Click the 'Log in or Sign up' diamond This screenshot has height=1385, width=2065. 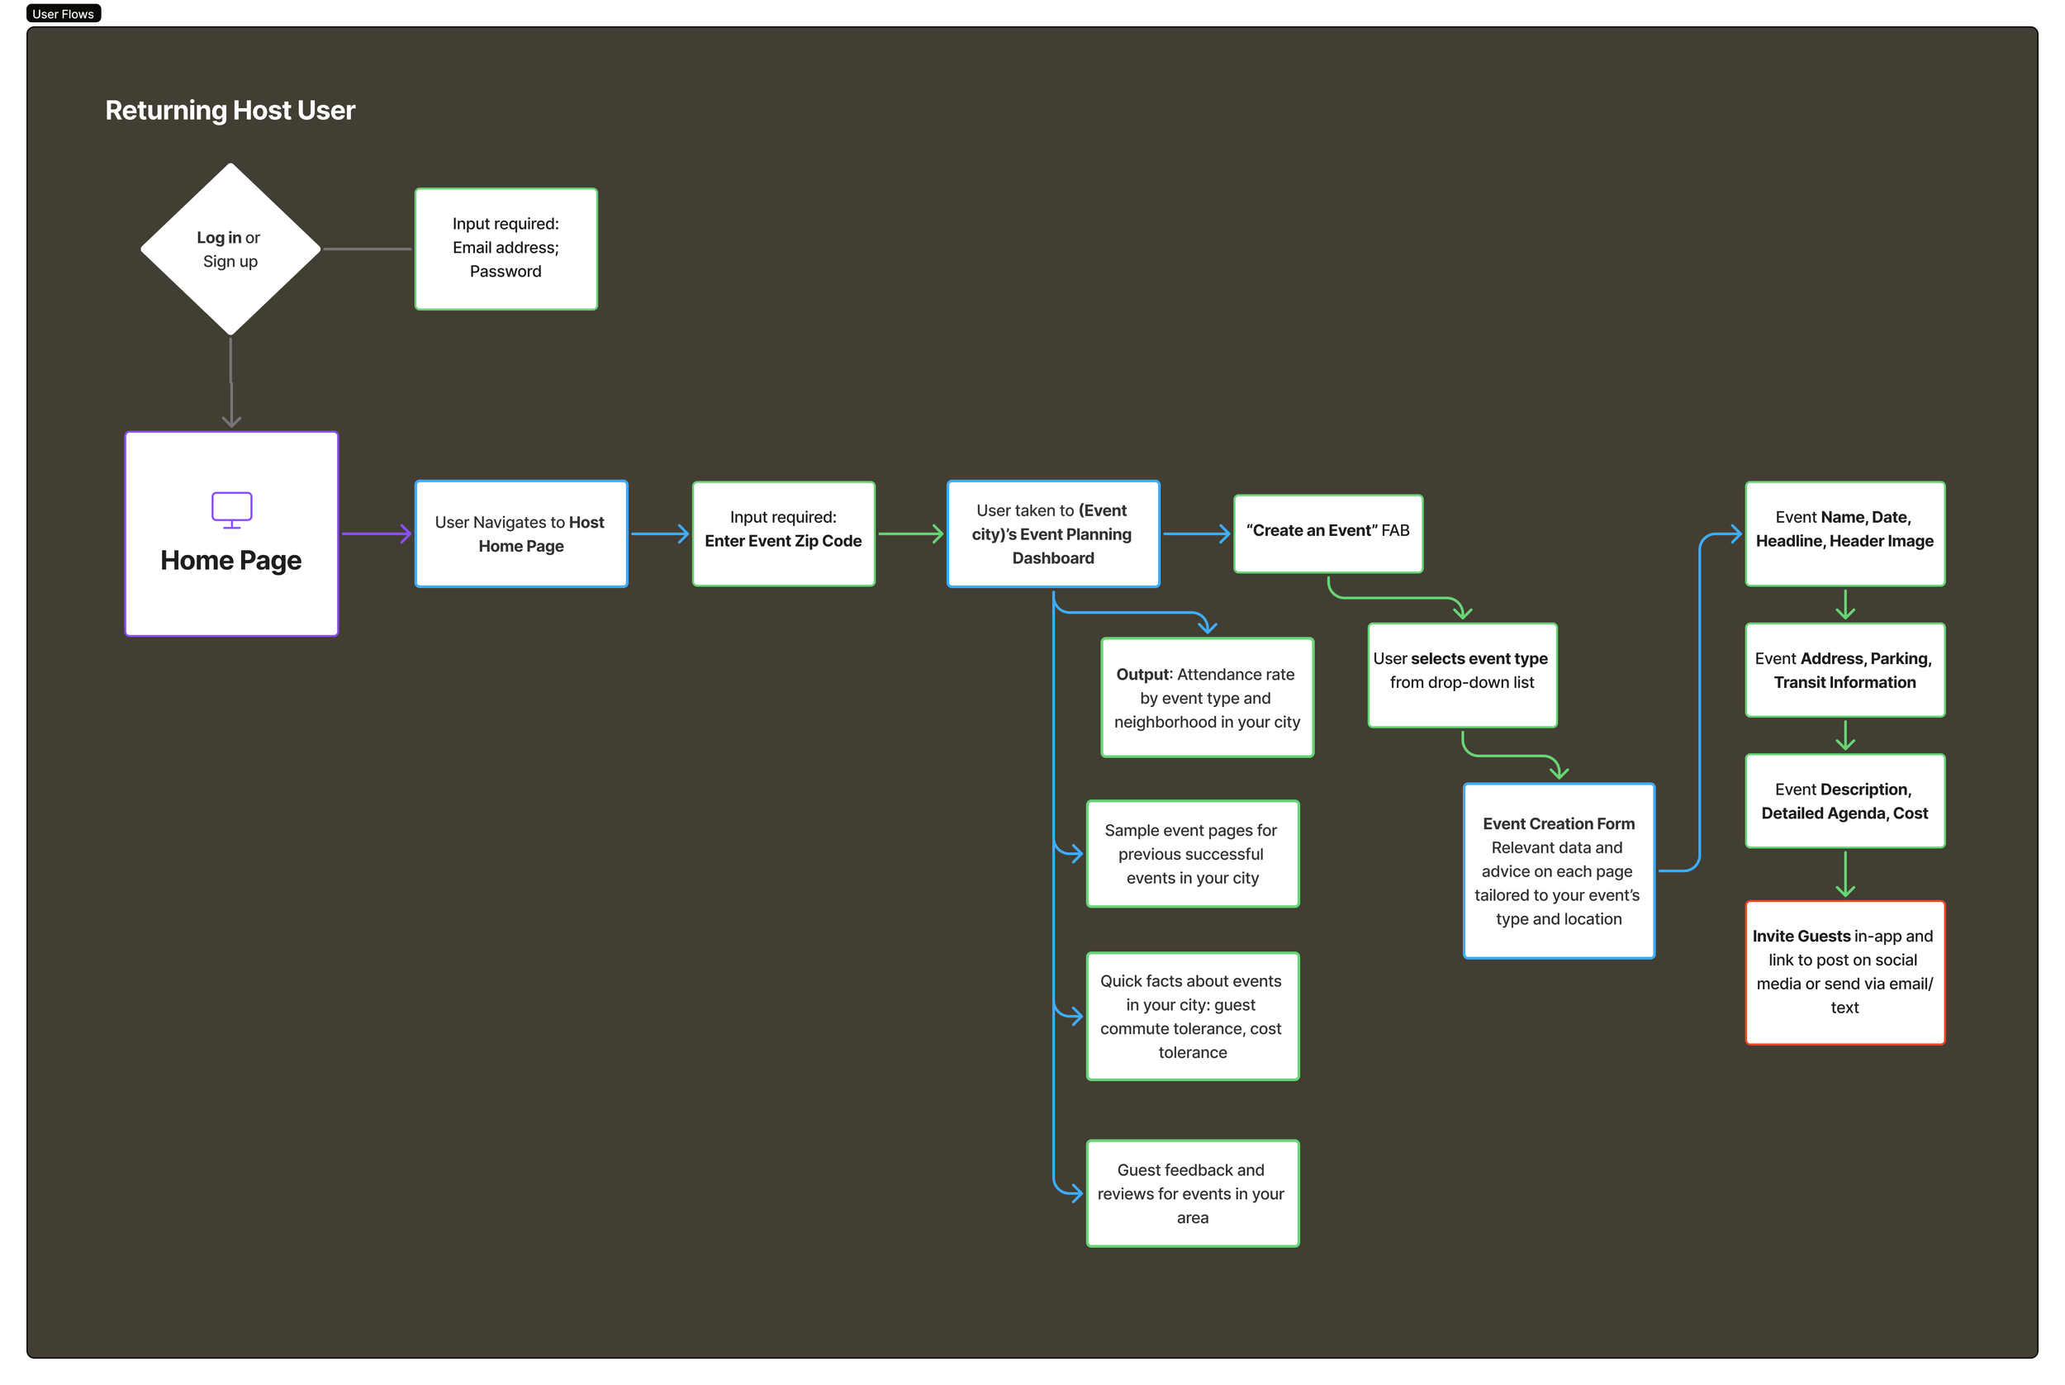(x=230, y=249)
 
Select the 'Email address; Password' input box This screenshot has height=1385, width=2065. (x=506, y=249)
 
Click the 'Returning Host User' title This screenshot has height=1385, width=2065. (x=230, y=111)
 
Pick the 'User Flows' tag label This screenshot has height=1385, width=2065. (x=64, y=13)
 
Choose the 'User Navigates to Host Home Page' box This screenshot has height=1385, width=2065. (x=521, y=534)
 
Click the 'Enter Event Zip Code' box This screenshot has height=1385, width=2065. (x=783, y=534)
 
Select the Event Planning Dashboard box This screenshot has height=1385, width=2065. (x=1053, y=534)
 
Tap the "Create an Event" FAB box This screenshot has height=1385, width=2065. (x=1327, y=533)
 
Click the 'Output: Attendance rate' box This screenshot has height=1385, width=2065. (x=1207, y=698)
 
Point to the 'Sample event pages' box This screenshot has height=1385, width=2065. (x=1193, y=853)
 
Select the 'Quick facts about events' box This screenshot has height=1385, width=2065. (x=1193, y=1016)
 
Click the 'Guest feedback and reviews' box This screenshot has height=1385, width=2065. (x=1193, y=1193)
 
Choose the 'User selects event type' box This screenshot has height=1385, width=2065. (x=1462, y=675)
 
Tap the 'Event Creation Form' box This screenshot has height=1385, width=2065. (x=1558, y=871)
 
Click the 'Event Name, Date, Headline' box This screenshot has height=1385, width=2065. (x=1844, y=534)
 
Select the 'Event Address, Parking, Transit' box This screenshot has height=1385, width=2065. (x=1844, y=671)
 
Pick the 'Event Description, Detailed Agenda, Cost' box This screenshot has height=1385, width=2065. (x=1844, y=800)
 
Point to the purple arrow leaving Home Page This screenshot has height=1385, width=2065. (x=375, y=534)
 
